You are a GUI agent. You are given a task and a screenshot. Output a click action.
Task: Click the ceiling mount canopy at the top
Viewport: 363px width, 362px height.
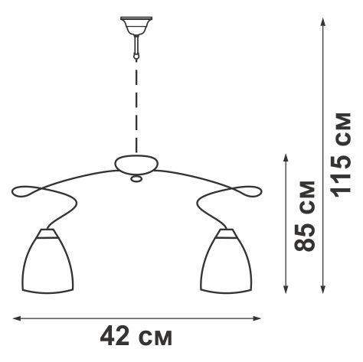point(136,25)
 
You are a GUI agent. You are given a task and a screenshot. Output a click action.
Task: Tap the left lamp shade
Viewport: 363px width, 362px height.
point(47,262)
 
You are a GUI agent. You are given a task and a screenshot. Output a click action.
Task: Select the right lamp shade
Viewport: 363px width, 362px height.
point(226,262)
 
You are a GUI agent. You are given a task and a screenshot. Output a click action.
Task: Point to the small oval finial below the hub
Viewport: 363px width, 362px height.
point(136,179)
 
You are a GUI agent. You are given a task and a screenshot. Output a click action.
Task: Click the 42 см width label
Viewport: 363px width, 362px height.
point(136,337)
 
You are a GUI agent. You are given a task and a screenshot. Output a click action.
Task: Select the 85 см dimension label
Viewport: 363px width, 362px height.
point(305,216)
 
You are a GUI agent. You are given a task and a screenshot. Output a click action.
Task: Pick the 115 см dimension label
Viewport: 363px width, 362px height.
point(342,155)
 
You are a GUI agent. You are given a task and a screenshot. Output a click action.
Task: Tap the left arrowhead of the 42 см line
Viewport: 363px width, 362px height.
point(17,318)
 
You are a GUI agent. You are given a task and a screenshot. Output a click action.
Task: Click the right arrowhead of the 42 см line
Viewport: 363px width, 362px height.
point(257,318)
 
